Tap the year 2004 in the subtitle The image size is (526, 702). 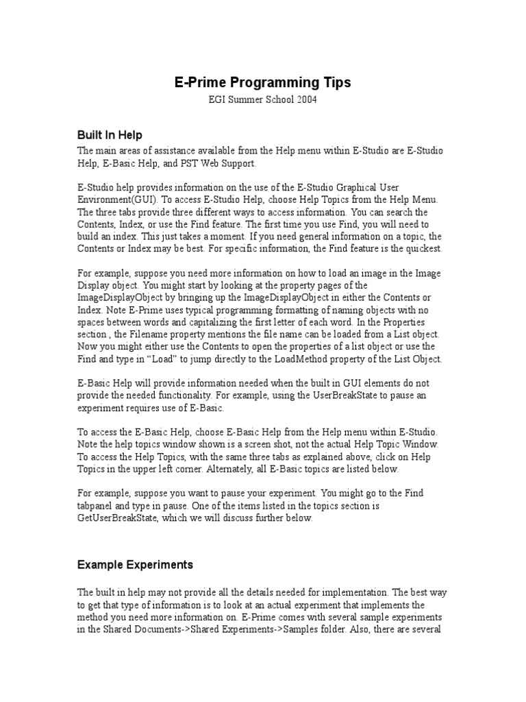click(x=303, y=100)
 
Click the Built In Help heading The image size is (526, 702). click(x=110, y=135)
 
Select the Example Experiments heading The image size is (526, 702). click(x=135, y=565)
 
